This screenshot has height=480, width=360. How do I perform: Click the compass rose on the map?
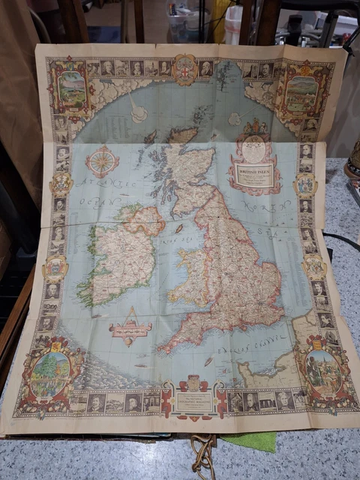click(x=103, y=161)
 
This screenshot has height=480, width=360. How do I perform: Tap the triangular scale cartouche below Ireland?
click(x=130, y=325)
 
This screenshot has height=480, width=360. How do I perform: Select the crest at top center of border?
click(x=184, y=70)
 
